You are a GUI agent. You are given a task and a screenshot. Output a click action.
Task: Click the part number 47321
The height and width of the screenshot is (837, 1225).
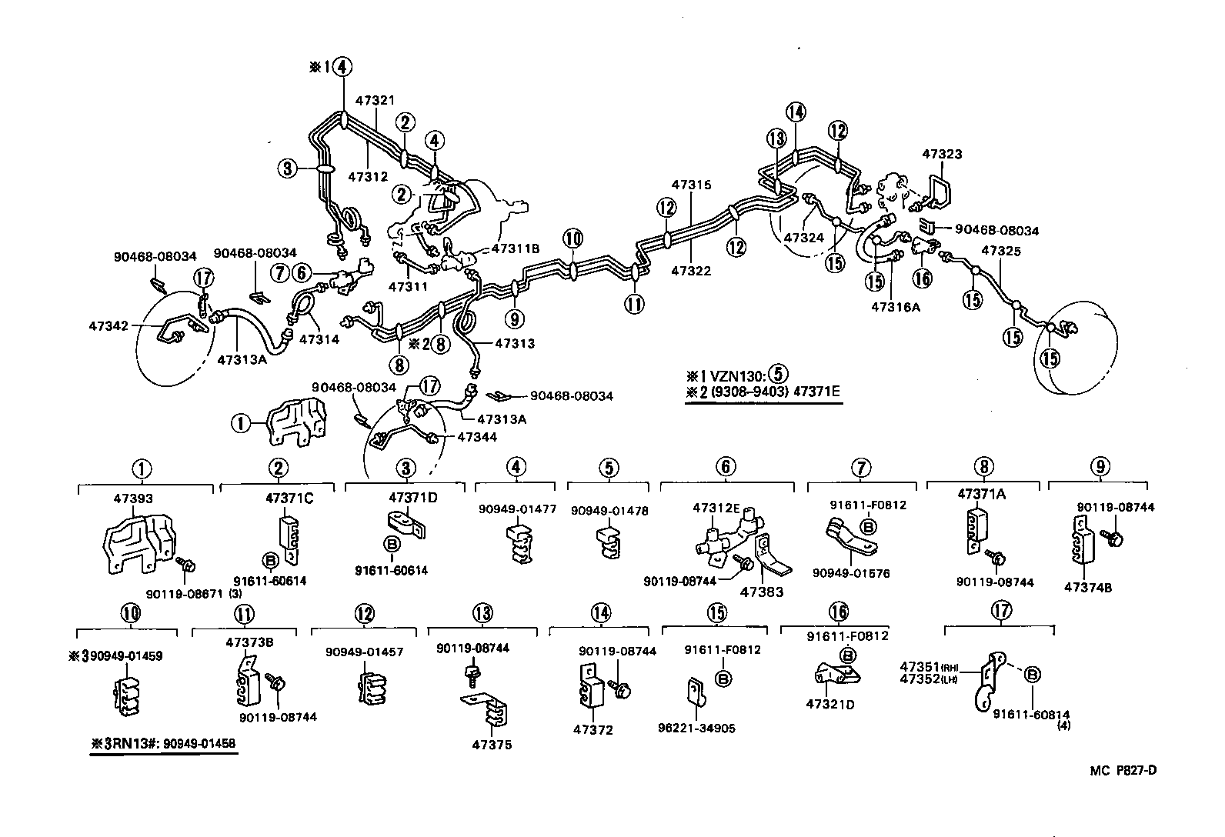[x=375, y=101]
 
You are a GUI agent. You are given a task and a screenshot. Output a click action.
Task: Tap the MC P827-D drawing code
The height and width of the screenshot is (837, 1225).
[x=1123, y=770]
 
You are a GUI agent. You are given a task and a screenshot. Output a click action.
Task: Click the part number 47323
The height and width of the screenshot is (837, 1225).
[x=942, y=154]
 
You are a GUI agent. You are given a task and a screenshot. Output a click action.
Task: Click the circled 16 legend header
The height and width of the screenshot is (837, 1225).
[x=838, y=612]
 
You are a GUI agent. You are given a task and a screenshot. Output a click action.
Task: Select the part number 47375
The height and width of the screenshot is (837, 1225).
[x=492, y=745]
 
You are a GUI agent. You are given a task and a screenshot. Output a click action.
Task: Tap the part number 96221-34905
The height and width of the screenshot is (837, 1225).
[x=698, y=728]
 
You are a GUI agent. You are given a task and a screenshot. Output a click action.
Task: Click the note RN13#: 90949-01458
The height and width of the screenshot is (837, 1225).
[x=164, y=743]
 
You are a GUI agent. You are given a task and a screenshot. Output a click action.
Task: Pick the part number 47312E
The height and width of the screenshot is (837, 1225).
[x=716, y=508]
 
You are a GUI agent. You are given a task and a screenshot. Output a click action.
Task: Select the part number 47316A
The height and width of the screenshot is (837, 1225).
[x=895, y=306]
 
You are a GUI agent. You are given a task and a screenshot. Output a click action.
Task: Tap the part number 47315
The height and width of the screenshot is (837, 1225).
[x=691, y=185]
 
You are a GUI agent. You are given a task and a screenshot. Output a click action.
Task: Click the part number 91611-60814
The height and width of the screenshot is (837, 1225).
[x=1042, y=715]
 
